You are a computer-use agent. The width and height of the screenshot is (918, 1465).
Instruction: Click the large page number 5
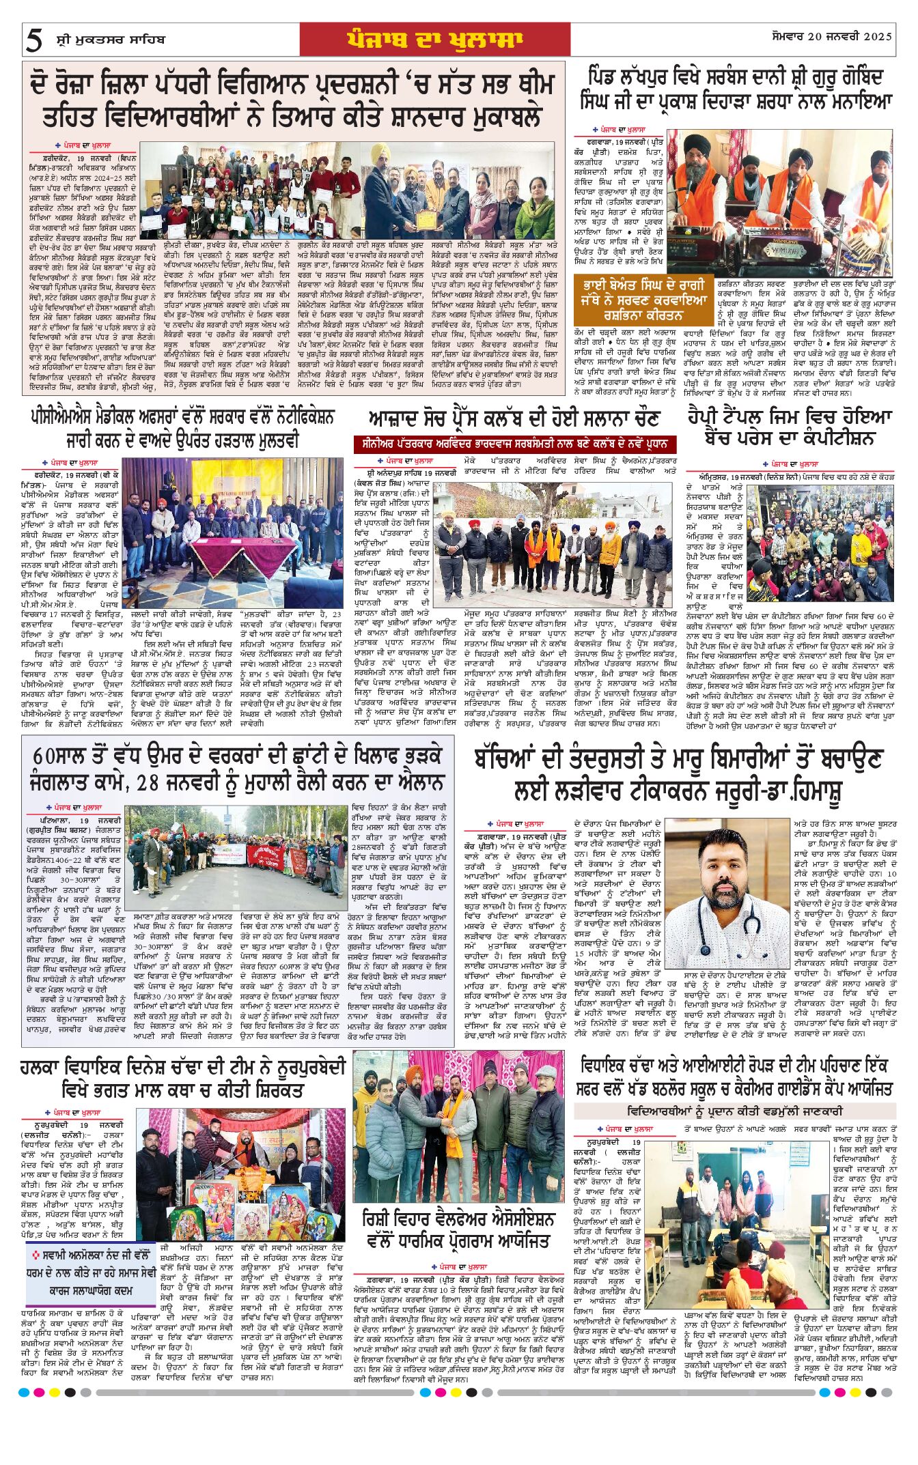[33, 40]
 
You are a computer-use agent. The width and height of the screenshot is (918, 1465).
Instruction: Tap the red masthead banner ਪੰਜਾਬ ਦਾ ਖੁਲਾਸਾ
[434, 40]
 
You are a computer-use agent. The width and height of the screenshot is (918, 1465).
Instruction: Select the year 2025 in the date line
[872, 35]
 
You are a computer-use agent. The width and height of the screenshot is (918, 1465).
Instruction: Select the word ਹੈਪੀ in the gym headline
[711, 416]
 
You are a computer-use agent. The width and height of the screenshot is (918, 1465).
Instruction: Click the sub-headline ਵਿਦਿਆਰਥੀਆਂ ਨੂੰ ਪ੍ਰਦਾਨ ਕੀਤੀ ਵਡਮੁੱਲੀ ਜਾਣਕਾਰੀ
[734, 1111]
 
